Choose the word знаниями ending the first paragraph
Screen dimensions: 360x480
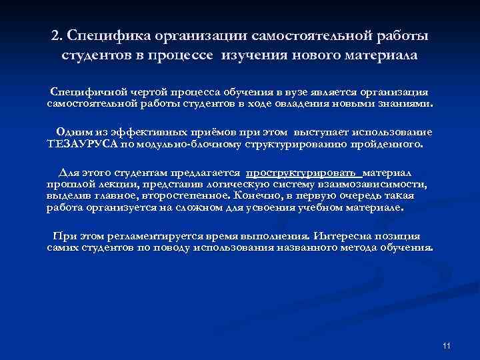tap(405, 104)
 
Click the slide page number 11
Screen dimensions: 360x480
tap(447, 345)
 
